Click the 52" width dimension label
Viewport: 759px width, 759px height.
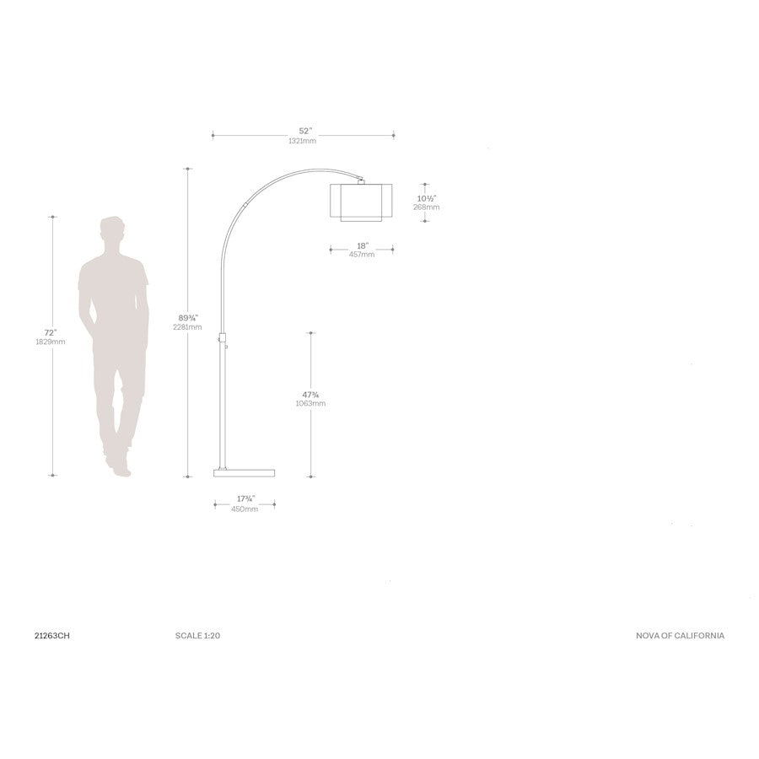(305, 132)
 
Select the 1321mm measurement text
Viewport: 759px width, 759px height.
(303, 141)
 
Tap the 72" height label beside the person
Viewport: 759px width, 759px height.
(51, 332)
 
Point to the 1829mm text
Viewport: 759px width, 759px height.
(51, 342)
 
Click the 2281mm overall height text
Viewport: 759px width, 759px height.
(187, 327)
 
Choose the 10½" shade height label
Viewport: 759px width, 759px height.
(427, 198)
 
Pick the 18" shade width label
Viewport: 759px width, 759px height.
(363, 246)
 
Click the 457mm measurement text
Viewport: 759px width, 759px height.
(362, 255)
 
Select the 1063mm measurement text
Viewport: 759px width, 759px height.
(310, 404)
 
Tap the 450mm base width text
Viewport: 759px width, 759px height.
(245, 509)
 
